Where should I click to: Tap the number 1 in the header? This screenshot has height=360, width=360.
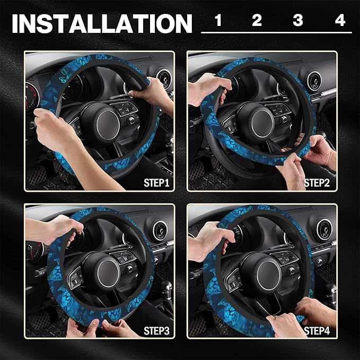pyautogui.click(x=218, y=21)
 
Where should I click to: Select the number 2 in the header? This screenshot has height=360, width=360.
pyautogui.click(x=257, y=21)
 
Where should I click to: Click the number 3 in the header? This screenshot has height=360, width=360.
pyautogui.click(x=298, y=21)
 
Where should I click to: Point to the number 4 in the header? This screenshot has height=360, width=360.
pyautogui.click(x=340, y=21)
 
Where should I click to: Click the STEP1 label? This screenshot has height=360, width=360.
pyautogui.click(x=156, y=183)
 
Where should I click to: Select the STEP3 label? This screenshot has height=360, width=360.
pyautogui.click(x=156, y=331)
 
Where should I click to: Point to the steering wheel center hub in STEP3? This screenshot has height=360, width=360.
pyautogui.click(x=101, y=268)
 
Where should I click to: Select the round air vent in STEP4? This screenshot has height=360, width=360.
pyautogui.click(x=323, y=229)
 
